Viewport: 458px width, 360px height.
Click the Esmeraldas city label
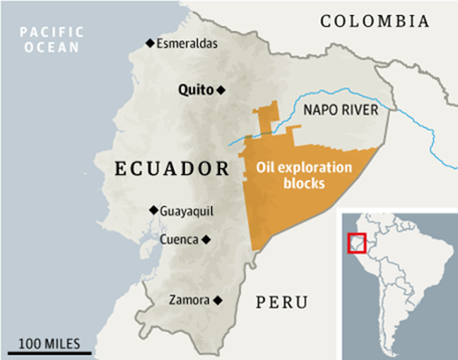coord(187,43)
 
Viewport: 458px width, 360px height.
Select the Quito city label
coord(195,90)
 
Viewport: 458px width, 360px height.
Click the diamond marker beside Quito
coord(220,90)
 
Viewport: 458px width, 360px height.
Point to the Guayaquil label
coord(187,211)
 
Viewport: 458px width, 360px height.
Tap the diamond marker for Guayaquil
coord(153,210)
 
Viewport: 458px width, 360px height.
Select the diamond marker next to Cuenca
coord(206,240)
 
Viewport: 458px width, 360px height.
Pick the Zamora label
coord(188,300)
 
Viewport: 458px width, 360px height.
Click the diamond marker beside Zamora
coord(218,300)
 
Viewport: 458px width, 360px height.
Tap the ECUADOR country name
coord(171,167)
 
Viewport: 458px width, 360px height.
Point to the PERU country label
coord(282,303)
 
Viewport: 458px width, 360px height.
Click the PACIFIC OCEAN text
coord(50,39)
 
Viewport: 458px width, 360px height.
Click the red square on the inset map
coord(357,243)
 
